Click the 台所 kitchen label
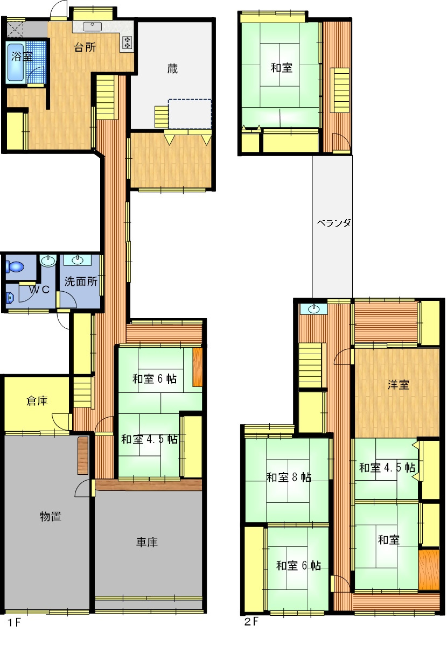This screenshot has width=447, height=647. click(x=85, y=47)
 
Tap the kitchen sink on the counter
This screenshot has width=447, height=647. click(x=93, y=26)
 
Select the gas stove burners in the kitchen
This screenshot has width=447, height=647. click(x=127, y=43)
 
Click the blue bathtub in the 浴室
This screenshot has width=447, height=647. click(x=16, y=62)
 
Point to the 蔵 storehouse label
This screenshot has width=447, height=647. click(x=172, y=69)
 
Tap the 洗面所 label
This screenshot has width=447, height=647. click(x=81, y=282)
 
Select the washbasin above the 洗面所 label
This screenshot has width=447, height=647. click(x=78, y=260)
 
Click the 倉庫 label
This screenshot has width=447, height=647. click(x=37, y=400)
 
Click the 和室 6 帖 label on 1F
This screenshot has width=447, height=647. click(x=155, y=378)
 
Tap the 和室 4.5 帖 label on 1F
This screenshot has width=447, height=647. click(x=149, y=439)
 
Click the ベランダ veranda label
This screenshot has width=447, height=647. click(x=334, y=223)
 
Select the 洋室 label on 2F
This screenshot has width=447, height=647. click(x=398, y=385)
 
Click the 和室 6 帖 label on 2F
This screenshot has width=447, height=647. click(x=298, y=566)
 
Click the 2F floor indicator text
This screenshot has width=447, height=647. click(x=250, y=620)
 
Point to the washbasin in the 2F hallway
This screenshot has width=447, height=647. click(x=313, y=310)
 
